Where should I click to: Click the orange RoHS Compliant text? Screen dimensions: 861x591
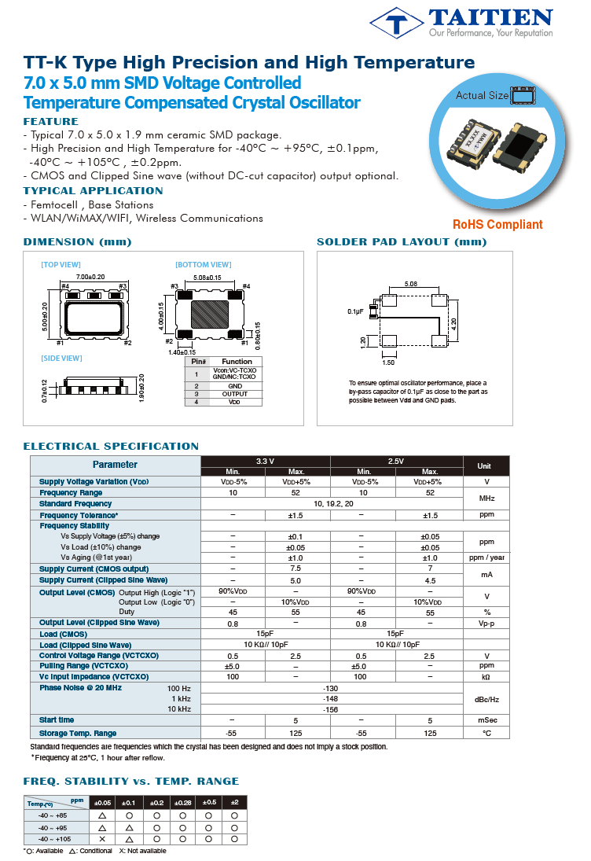click(x=497, y=224)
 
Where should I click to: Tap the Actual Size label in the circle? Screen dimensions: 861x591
click(x=482, y=96)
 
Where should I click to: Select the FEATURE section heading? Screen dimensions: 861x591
click(x=51, y=122)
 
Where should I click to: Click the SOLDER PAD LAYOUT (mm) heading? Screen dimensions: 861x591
click(x=402, y=241)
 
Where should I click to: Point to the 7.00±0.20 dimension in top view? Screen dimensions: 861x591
click(x=91, y=277)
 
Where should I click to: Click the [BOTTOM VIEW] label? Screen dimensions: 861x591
click(x=203, y=265)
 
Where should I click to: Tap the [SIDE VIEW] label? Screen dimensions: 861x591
click(x=61, y=359)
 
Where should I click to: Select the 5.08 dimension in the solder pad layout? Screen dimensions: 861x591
click(x=410, y=283)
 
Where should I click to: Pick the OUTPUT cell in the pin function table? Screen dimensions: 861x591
click(x=234, y=394)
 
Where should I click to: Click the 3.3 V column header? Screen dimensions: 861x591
click(x=266, y=461)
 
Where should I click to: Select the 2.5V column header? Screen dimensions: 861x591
click(x=396, y=461)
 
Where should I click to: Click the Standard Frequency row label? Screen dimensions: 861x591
click(x=75, y=503)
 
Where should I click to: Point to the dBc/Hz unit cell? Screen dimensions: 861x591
click(x=486, y=698)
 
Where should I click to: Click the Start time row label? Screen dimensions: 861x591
click(x=57, y=719)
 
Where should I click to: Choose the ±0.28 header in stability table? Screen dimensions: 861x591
click(x=182, y=802)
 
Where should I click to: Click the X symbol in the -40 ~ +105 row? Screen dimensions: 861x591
click(x=101, y=839)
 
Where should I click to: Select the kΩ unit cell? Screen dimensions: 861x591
click(x=486, y=676)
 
